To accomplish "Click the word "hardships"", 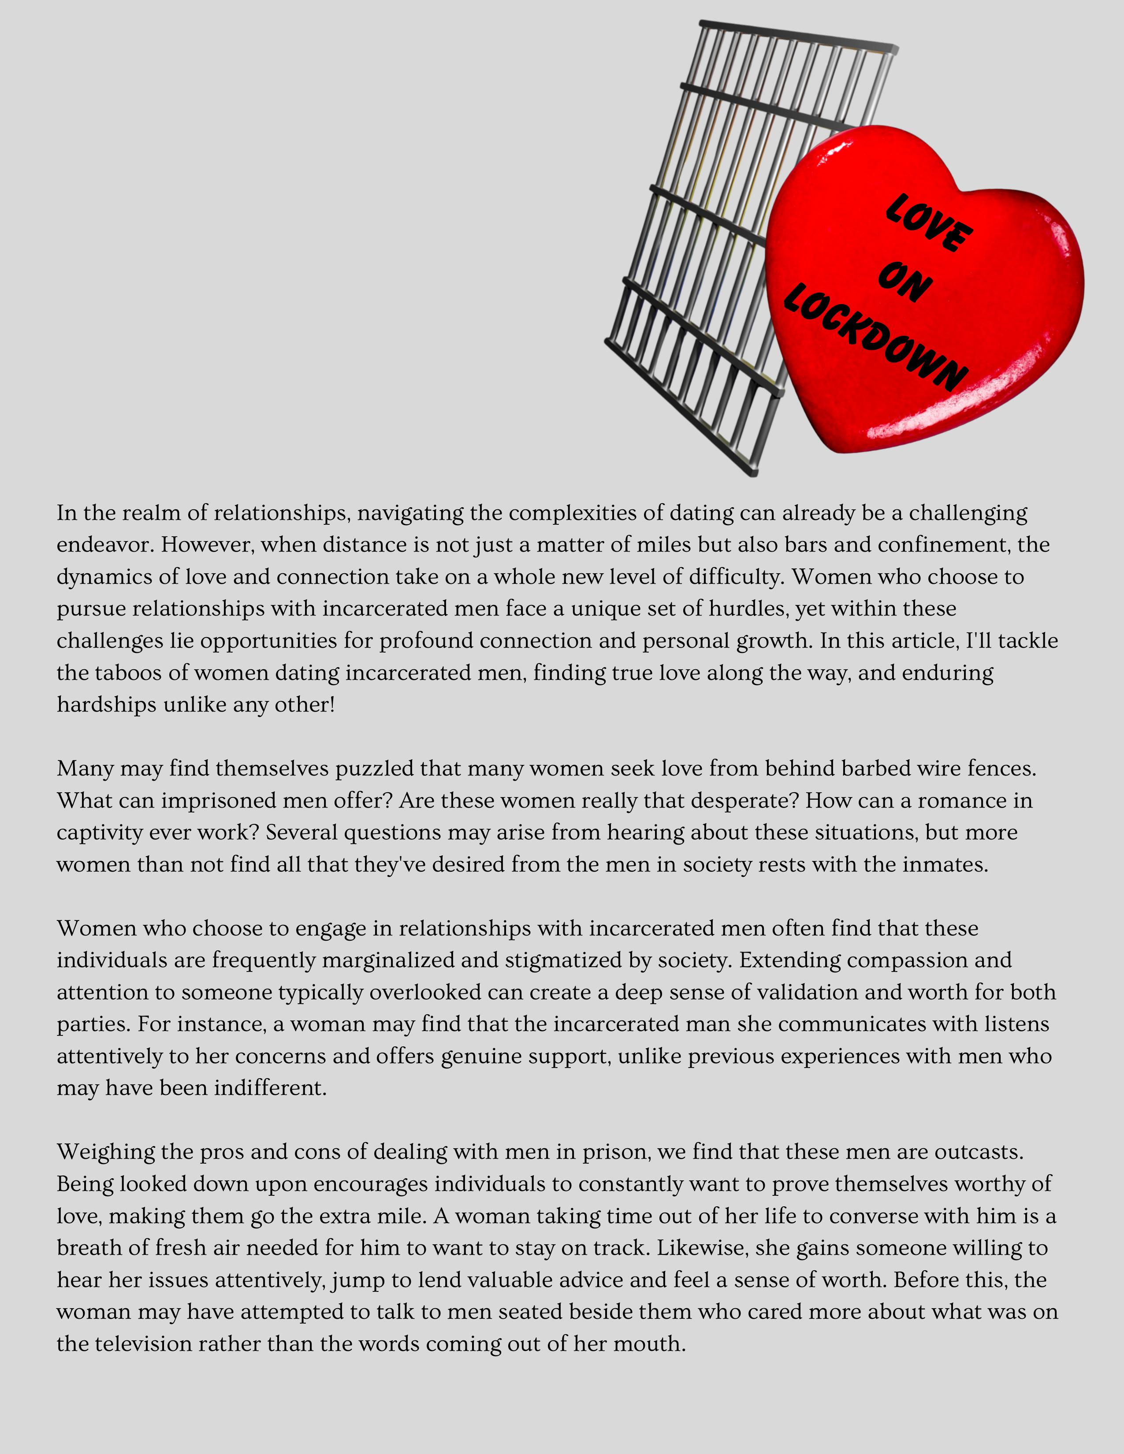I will pos(107,705).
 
